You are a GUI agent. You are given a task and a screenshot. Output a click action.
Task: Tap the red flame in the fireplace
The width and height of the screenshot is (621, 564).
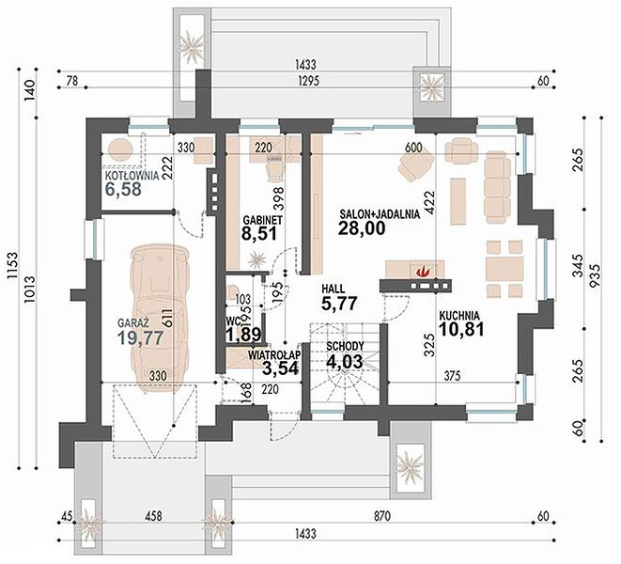423,271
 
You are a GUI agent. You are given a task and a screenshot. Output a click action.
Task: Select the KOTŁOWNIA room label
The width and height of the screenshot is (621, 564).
132,176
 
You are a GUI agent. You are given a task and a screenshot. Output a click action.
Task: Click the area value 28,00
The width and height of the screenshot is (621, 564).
362,228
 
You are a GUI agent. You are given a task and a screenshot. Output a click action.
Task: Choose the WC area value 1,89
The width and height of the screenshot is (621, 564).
243,335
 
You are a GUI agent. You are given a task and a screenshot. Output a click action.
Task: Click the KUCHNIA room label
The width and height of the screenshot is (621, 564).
459,316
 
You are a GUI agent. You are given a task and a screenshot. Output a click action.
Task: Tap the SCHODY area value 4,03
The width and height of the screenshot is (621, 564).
344,362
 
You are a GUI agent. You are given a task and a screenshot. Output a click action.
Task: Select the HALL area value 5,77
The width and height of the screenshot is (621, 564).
339,304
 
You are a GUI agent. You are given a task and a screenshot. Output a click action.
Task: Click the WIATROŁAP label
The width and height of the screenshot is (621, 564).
274,354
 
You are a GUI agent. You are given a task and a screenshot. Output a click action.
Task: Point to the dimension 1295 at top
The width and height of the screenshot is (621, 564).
308,81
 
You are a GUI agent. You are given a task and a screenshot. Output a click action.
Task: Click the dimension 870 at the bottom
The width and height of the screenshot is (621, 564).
382,516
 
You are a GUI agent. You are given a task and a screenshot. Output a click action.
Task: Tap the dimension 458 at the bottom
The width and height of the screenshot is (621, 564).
153,516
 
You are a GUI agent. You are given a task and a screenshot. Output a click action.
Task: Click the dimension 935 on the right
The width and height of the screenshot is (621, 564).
596,275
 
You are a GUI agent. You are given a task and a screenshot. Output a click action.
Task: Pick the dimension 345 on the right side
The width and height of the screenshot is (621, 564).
578,266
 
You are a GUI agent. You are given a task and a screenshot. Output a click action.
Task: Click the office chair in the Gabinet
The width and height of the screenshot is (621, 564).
275,168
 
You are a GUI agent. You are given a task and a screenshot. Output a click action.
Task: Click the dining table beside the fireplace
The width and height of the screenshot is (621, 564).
505,269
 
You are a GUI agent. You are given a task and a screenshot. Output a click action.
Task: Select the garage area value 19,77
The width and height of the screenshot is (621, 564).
141,338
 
